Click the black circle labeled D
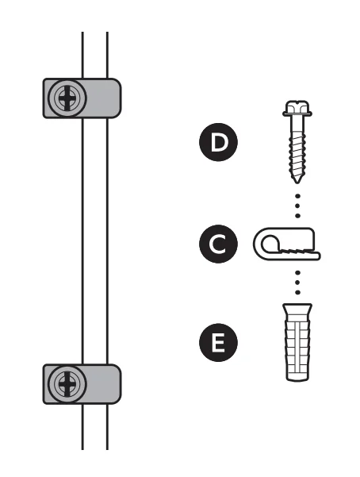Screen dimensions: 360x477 pyautogui.click(x=218, y=142)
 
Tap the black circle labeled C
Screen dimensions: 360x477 pyautogui.click(x=218, y=244)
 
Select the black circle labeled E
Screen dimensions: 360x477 pyautogui.click(x=218, y=343)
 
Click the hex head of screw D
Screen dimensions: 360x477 pyautogui.click(x=297, y=109)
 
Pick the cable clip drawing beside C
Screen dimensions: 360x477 pyautogui.click(x=287, y=244)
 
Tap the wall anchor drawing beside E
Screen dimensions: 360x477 pyautogui.click(x=297, y=342)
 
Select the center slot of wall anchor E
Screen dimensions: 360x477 pyautogui.click(x=297, y=347)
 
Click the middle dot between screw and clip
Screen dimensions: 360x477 pyautogui.click(x=297, y=206)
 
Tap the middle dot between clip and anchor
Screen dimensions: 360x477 pyautogui.click(x=297, y=283)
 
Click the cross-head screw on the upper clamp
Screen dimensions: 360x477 pyautogui.click(x=67, y=98)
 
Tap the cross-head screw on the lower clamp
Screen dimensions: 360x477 pyautogui.click(x=67, y=384)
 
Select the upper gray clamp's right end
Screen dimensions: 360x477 pyautogui.click(x=113, y=98)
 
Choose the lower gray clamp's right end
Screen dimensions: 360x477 pyautogui.click(x=113, y=384)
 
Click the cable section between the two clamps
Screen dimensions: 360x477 pyautogui.click(x=95, y=241)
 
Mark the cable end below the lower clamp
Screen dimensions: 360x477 pyautogui.click(x=95, y=448)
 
